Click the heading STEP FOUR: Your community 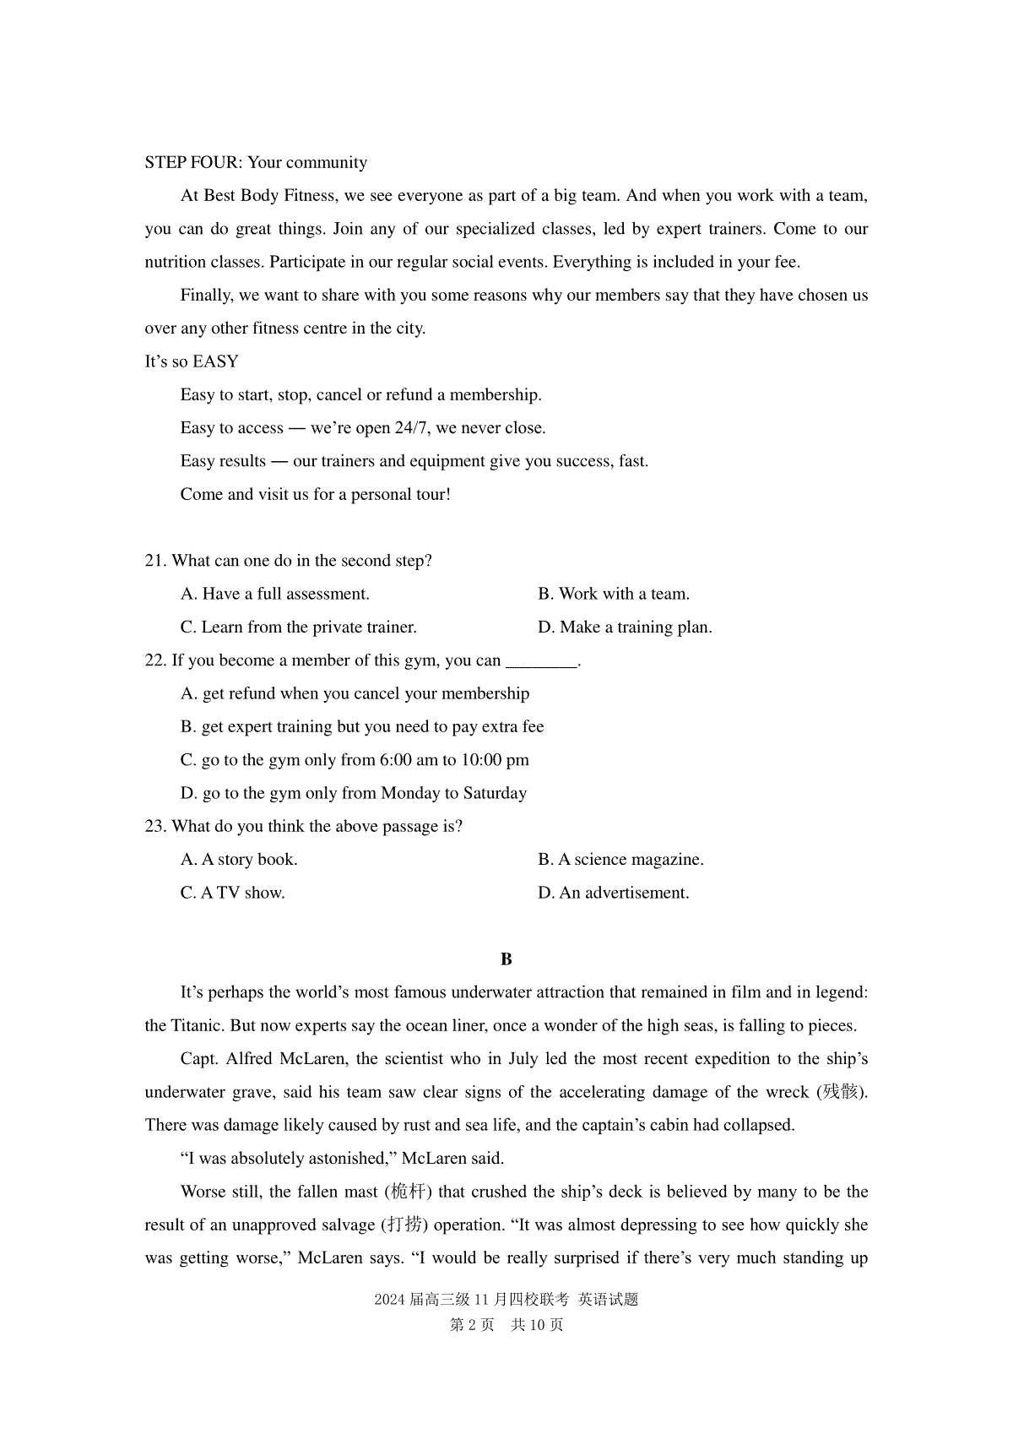click(x=256, y=162)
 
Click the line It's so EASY click(x=192, y=361)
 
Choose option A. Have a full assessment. click(x=275, y=594)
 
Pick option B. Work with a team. click(x=614, y=594)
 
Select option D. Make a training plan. click(x=625, y=627)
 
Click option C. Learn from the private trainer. click(x=299, y=627)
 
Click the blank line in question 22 click(x=541, y=661)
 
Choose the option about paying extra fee click(x=362, y=727)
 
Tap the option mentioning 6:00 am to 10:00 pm click(x=355, y=760)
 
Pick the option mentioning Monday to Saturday click(x=354, y=793)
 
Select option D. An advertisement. click(x=614, y=893)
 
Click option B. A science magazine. click(x=620, y=860)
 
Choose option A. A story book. click(x=239, y=860)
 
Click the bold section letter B click(x=506, y=959)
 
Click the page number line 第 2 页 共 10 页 click(x=506, y=1325)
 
